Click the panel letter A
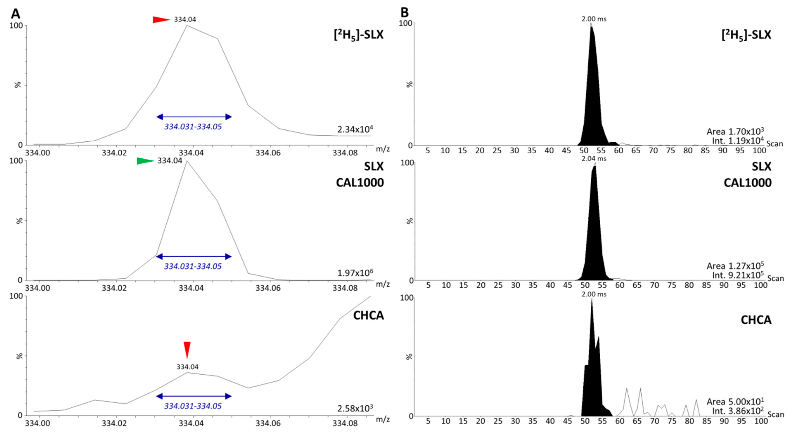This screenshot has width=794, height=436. coord(15,14)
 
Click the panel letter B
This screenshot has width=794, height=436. coord(404,13)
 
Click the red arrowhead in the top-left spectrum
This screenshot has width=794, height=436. coord(161,20)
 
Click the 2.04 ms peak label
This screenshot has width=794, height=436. coord(594,159)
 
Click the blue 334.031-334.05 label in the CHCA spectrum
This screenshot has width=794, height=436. coord(193,406)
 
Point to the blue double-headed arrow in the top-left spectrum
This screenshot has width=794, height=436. coord(194,117)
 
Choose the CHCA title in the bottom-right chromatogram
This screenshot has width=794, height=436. coord(756,320)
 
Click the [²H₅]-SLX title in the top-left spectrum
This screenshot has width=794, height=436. coord(359,35)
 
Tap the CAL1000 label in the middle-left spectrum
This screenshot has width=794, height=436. coord(360,182)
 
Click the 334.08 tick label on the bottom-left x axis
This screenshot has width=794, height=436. coord(345,423)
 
